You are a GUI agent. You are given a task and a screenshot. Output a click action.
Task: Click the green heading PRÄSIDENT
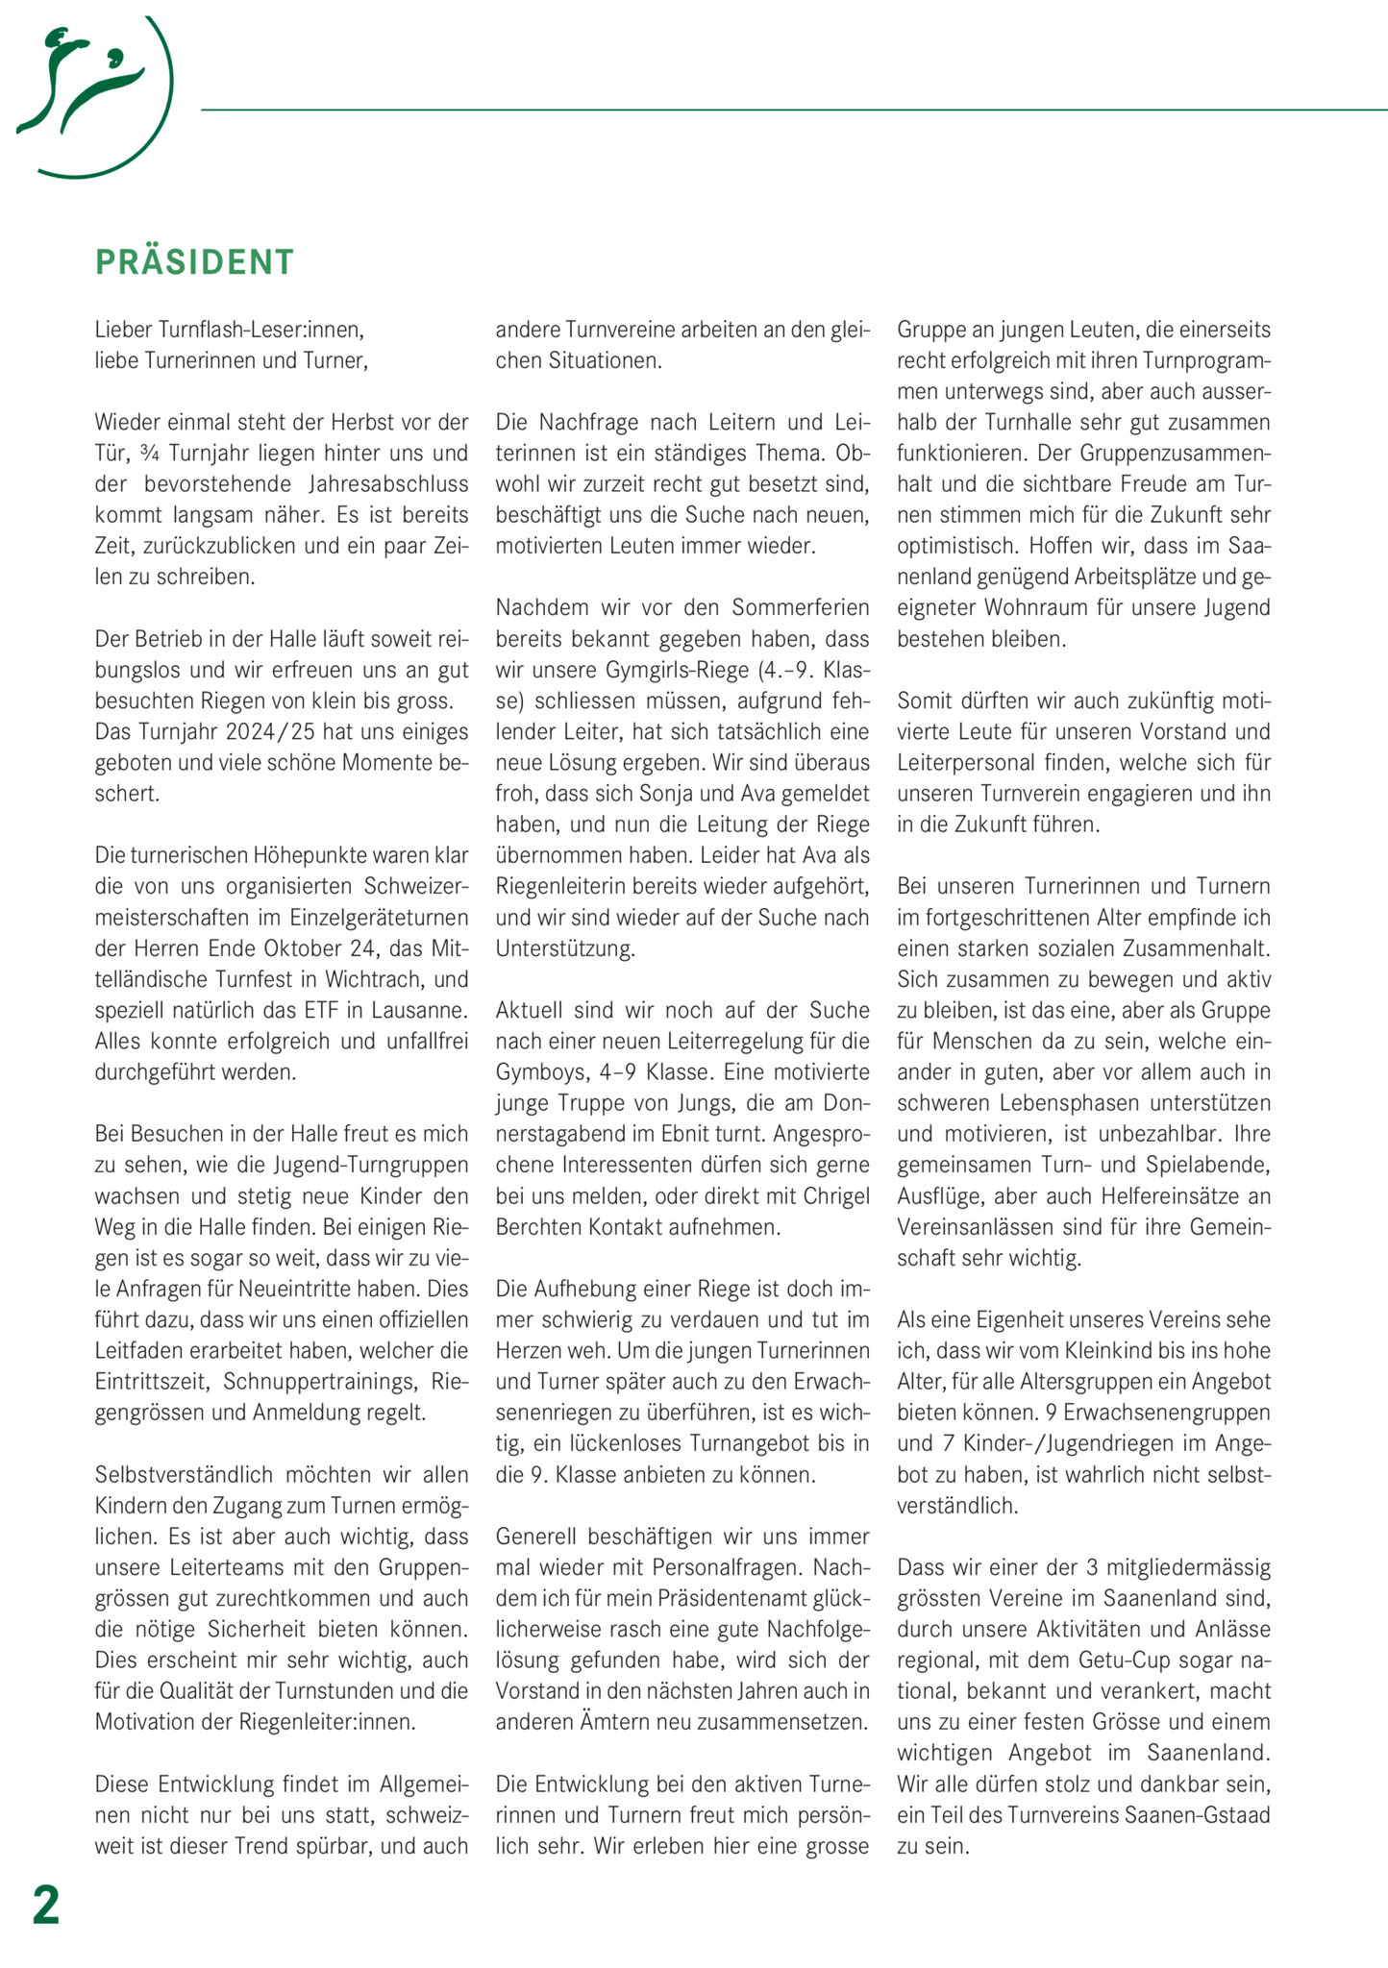(194, 262)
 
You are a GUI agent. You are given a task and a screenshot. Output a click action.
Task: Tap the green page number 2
(46, 1905)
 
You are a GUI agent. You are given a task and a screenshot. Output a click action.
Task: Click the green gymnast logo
(94, 97)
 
